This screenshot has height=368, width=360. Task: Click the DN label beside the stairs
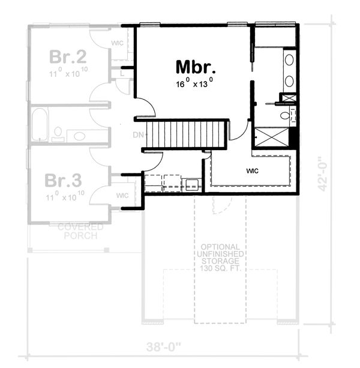point(138,135)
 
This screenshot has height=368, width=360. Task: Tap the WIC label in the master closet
point(252,170)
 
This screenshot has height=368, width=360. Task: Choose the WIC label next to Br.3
point(122,195)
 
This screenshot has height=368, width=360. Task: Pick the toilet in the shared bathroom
point(58,133)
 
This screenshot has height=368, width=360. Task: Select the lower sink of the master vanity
point(289,80)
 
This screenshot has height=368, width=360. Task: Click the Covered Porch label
point(80,231)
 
